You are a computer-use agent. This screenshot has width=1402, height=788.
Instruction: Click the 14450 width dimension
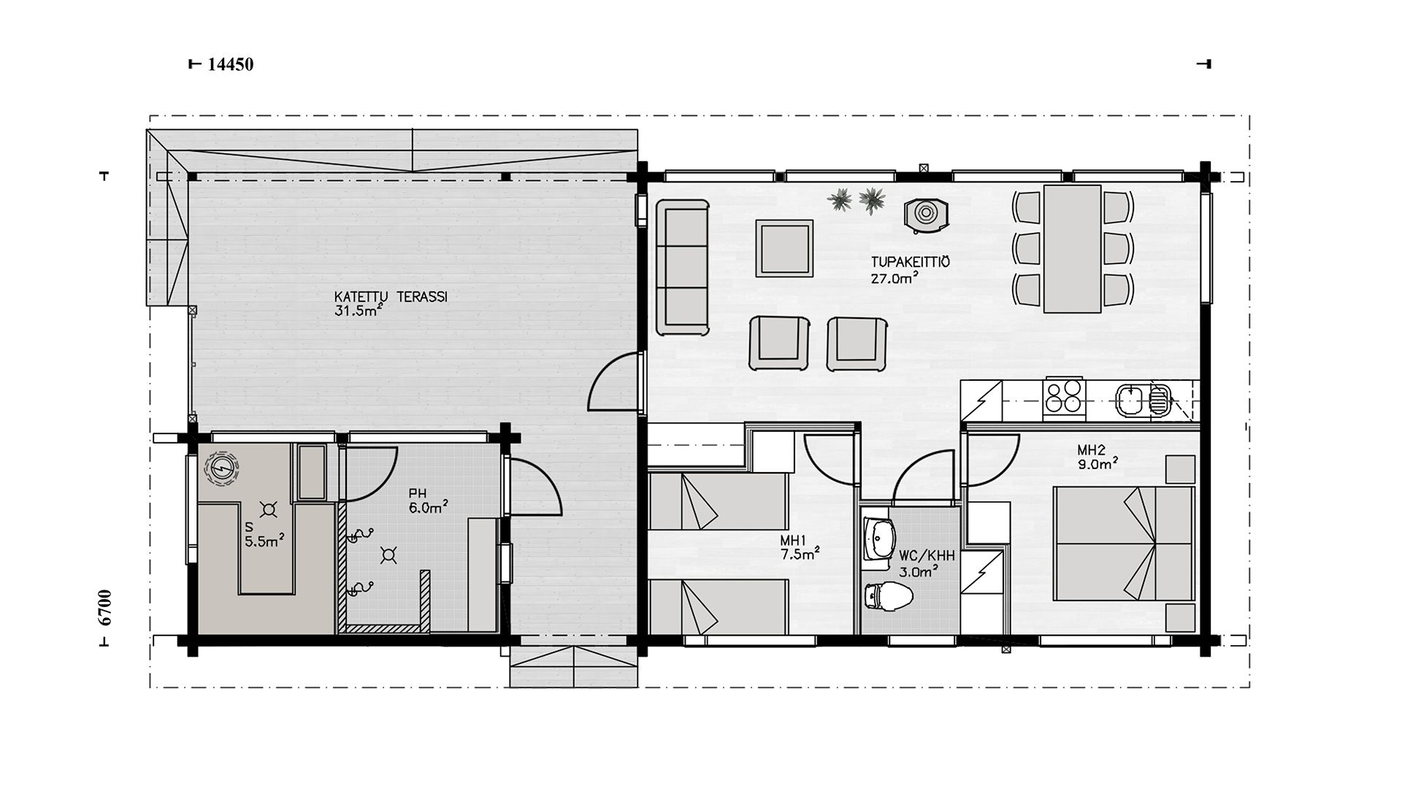coord(231,64)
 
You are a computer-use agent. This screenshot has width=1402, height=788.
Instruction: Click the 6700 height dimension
coord(105,608)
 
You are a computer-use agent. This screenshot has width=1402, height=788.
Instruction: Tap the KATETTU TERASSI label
coord(391,297)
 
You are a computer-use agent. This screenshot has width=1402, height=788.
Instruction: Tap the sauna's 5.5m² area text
coord(264,541)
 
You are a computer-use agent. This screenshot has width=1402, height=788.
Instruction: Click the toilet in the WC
coord(887,597)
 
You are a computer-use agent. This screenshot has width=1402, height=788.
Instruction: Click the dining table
coord(1073,248)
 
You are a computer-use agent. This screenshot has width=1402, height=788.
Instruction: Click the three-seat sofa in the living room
coord(683,267)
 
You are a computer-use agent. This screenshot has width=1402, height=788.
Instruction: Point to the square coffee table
coord(785,248)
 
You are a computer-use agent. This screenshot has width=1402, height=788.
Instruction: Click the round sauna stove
coord(221,468)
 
